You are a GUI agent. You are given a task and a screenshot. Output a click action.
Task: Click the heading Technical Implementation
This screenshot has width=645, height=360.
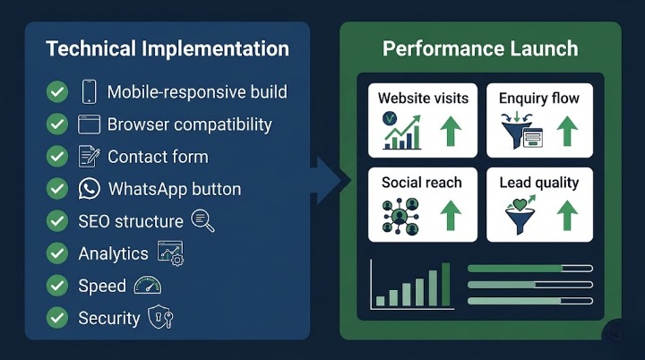pyautogui.click(x=168, y=48)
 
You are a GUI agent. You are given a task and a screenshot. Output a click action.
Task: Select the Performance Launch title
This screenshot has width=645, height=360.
pyautogui.click(x=480, y=48)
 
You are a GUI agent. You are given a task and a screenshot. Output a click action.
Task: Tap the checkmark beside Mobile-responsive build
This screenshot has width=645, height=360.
pyautogui.click(x=57, y=91)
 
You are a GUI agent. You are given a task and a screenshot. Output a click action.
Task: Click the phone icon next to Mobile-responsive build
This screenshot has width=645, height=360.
pyautogui.click(x=89, y=91)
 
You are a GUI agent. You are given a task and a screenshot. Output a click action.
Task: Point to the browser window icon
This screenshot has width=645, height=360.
pyautogui.click(x=89, y=124)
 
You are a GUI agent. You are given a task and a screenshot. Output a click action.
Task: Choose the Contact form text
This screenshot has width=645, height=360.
pyautogui.click(x=158, y=157)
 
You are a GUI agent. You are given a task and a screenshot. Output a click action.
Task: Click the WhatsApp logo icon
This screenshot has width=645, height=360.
pyautogui.click(x=89, y=189)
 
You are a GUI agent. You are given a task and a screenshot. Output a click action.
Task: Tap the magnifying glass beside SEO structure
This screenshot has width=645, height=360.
pyautogui.click(x=202, y=220)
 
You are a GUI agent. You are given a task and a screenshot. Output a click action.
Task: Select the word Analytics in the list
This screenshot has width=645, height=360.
pyautogui.click(x=113, y=253)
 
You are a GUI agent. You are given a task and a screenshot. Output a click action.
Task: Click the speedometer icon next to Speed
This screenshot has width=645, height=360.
pyautogui.click(x=149, y=286)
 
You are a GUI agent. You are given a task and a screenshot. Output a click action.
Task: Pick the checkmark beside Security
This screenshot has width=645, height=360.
pyautogui.click(x=57, y=318)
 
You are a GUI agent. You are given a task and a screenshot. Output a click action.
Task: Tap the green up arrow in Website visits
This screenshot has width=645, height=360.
pyautogui.click(x=451, y=131)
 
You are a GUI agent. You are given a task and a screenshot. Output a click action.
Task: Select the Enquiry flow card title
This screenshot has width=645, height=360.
pyautogui.click(x=539, y=98)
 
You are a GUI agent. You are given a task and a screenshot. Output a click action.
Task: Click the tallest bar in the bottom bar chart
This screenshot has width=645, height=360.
pyautogui.click(x=446, y=285)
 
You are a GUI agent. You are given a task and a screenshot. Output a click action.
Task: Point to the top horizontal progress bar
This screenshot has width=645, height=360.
pyautogui.click(x=530, y=268)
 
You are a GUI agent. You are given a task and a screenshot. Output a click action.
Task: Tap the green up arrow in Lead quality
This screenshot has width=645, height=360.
pyautogui.click(x=567, y=216)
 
